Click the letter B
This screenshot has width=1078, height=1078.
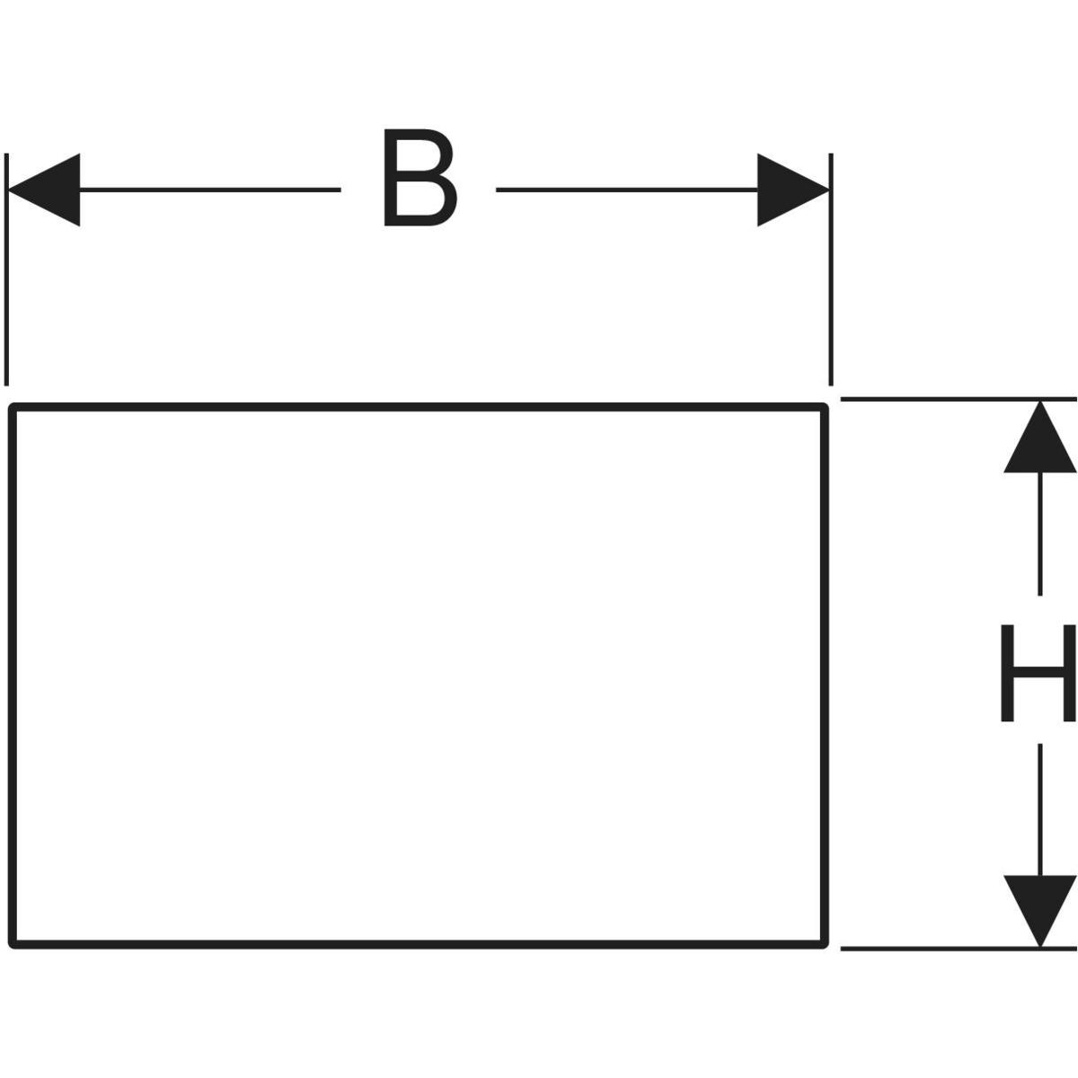[x=418, y=178]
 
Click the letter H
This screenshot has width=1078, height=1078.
[x=1038, y=673]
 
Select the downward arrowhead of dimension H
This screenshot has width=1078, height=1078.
[x=1039, y=908]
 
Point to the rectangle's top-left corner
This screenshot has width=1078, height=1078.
[x=13, y=409]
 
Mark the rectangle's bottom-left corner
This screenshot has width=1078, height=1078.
[x=13, y=942]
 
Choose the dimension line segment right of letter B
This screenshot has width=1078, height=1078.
[x=629, y=190]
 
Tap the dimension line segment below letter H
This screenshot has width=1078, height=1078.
[x=1039, y=808]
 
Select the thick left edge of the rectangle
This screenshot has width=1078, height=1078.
[x=13, y=674]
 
